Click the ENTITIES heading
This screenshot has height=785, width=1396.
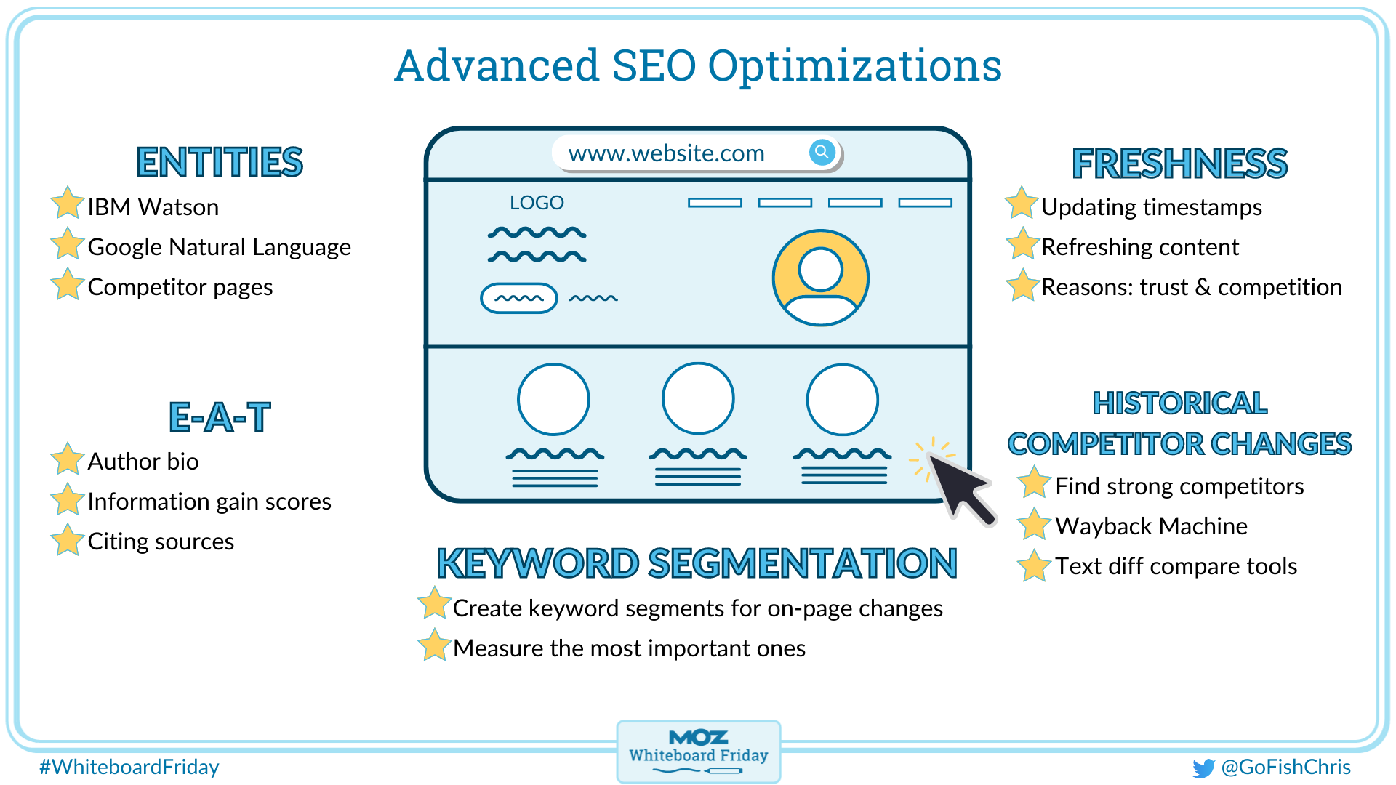(220, 162)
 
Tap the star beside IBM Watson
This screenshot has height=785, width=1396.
(67, 204)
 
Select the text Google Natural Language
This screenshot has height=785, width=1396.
(219, 247)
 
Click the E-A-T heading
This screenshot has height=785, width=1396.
(220, 417)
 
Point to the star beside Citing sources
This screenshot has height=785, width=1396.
(67, 540)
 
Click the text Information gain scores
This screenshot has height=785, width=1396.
(209, 502)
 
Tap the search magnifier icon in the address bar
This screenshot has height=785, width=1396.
(821, 152)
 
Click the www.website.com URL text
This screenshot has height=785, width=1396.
(666, 153)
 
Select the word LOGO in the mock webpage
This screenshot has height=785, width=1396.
(537, 203)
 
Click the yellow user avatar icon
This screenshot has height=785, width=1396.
(820, 278)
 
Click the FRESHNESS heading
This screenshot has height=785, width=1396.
(1179, 164)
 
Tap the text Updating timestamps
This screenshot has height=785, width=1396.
(1151, 207)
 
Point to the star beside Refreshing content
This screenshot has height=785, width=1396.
(1022, 244)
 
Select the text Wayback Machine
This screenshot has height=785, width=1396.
(1151, 526)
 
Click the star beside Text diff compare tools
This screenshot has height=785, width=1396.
(1033, 565)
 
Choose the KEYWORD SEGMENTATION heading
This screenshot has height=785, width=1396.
(697, 563)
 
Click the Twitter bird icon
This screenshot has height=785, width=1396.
(1203, 768)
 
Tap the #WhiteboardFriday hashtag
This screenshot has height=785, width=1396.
(129, 767)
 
